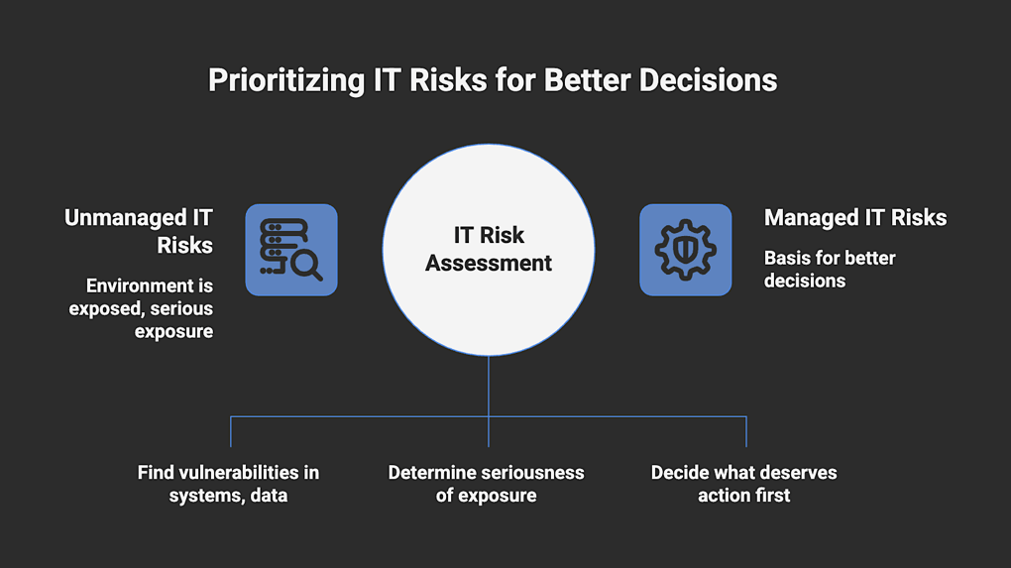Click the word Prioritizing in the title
point(286,81)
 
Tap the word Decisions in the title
point(708,80)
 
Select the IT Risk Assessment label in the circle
point(489,249)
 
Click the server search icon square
point(291,250)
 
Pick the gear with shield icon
point(685,250)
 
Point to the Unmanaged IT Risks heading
point(139,231)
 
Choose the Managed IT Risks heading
point(855,218)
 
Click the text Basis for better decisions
point(830,269)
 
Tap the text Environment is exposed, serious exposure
point(141,308)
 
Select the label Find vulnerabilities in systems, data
point(228,484)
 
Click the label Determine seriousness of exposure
point(486,484)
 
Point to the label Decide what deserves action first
point(744,484)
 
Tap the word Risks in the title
point(448,80)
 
